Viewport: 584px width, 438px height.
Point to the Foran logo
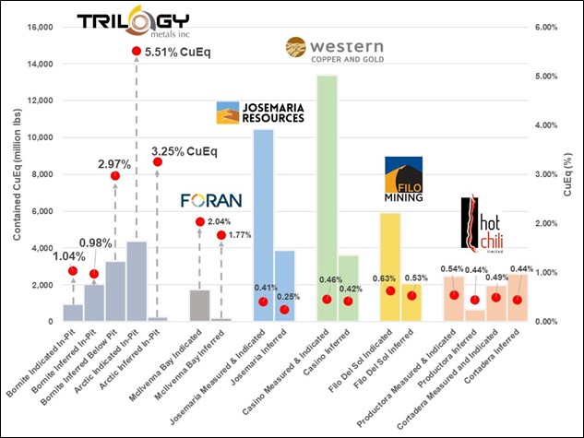(211, 198)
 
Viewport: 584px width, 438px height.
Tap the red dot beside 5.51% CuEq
(136, 51)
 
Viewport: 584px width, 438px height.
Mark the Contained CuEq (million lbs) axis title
(16, 174)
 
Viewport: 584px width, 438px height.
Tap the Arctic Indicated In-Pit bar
(136, 281)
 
